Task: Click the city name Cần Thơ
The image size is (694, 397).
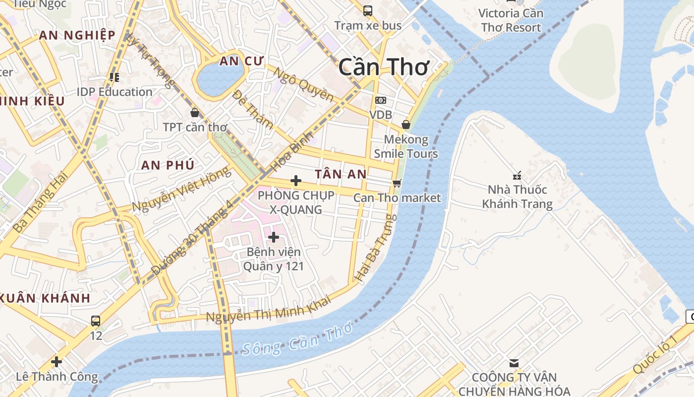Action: (x=384, y=67)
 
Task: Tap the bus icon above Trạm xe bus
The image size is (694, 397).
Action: (x=367, y=10)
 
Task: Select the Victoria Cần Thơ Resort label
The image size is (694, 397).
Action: (x=511, y=20)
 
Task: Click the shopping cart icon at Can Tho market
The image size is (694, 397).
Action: (x=397, y=183)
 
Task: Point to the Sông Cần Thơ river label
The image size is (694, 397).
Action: (x=297, y=339)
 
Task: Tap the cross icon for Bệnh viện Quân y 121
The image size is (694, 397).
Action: (x=273, y=237)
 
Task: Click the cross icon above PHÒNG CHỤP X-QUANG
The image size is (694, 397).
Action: (x=296, y=181)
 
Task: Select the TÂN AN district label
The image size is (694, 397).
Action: (x=341, y=174)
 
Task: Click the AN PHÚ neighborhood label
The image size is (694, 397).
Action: (x=168, y=165)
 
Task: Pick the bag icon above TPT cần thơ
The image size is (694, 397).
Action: (x=195, y=113)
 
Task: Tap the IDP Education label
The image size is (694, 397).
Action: (x=115, y=92)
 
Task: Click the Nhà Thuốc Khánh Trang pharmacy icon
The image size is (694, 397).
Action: (x=517, y=176)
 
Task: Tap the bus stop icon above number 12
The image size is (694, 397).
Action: (x=96, y=321)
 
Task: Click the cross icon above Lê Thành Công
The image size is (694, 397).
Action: (x=57, y=362)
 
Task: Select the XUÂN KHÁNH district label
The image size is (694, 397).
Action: (x=46, y=298)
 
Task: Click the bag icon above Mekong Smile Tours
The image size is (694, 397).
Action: (x=405, y=125)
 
